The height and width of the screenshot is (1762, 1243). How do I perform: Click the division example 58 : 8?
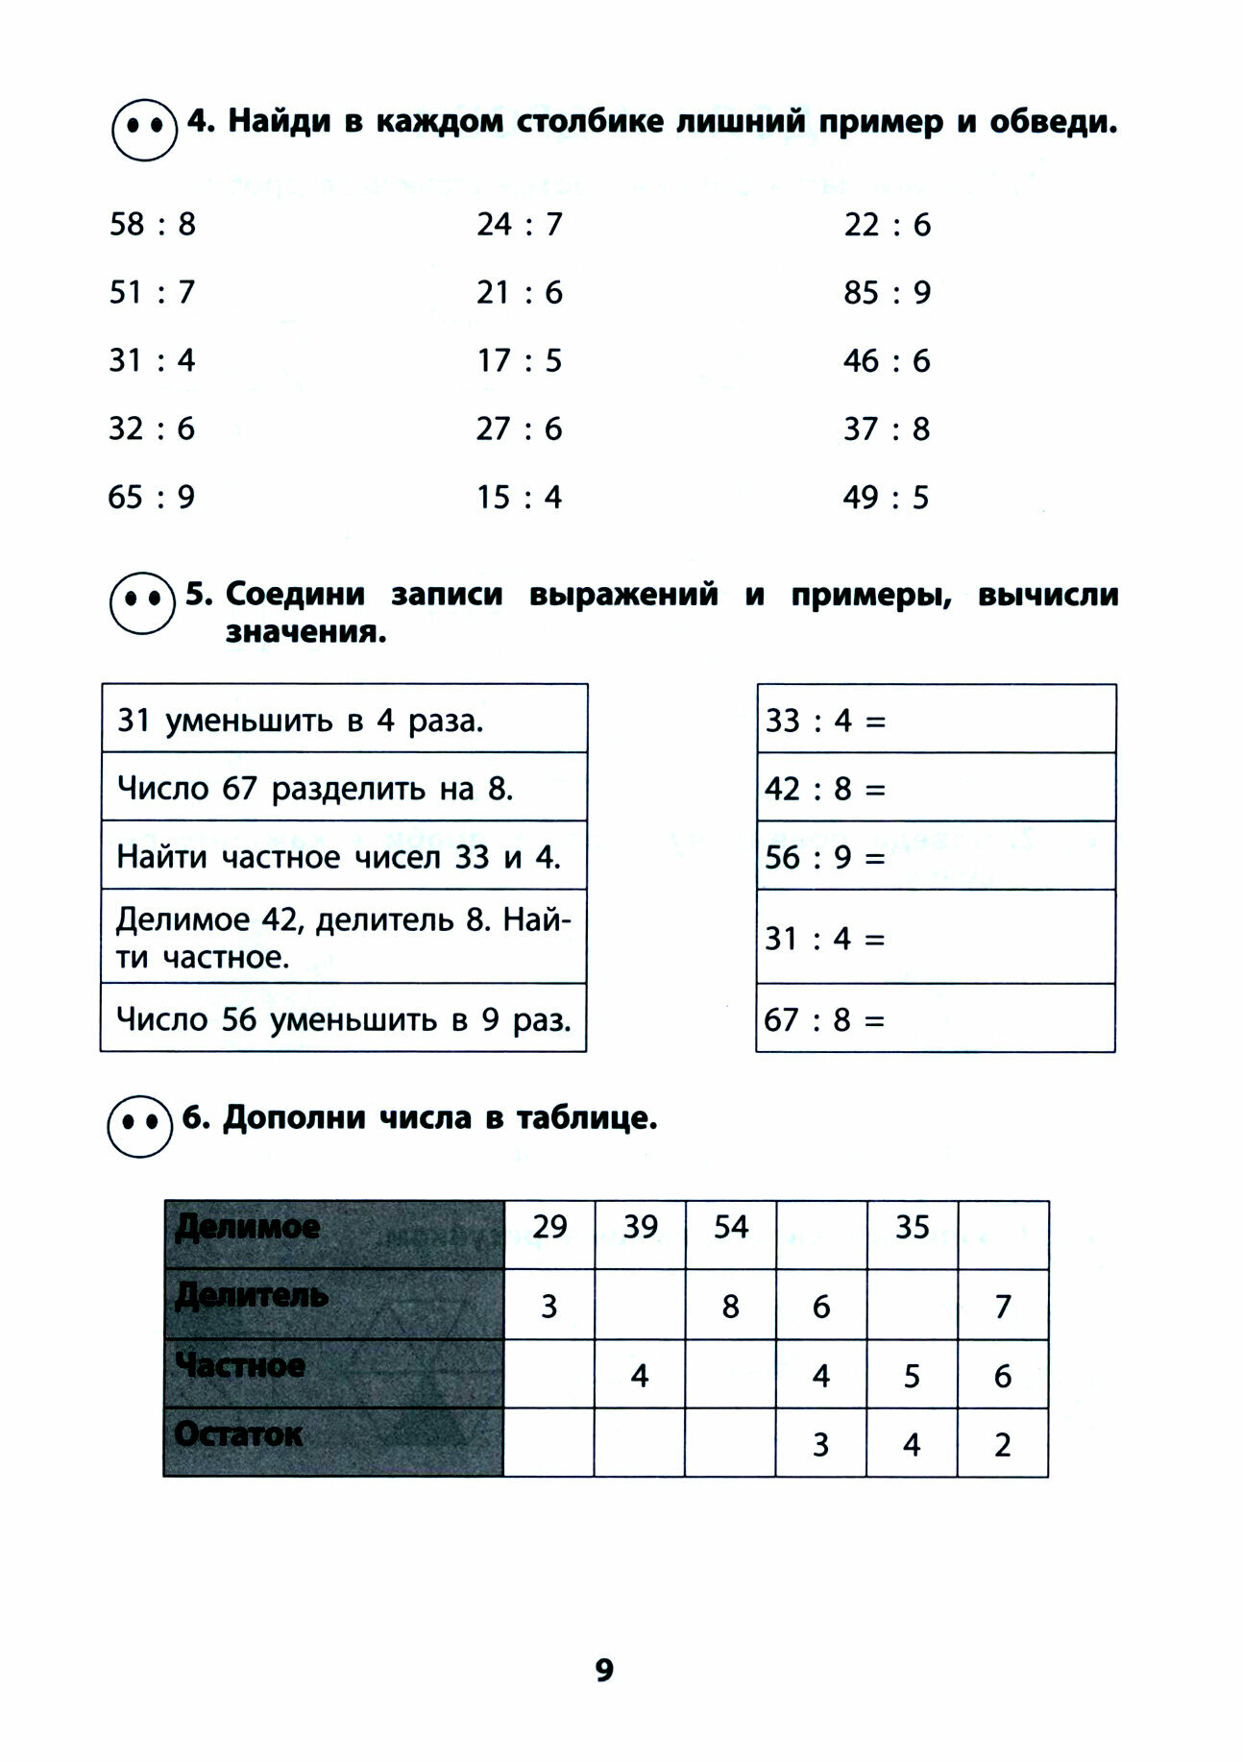point(152,225)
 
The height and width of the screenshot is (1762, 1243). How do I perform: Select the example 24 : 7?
point(519,225)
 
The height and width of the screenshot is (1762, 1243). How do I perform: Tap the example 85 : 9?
point(887,292)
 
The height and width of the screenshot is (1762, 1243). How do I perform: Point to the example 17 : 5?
point(519,361)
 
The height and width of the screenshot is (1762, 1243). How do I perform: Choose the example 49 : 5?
point(886,498)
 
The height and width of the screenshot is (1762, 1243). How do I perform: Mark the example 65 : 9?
point(151,498)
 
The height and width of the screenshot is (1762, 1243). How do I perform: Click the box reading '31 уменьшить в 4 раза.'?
point(344,720)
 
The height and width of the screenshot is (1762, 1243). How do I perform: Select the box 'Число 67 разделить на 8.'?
point(344,788)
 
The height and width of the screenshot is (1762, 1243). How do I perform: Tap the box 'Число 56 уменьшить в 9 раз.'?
point(344,1018)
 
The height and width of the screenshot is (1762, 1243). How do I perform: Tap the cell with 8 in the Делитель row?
point(730,1306)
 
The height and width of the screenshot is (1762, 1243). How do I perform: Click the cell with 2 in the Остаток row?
point(1002,1443)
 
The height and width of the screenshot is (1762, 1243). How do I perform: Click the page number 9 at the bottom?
point(603,1670)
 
